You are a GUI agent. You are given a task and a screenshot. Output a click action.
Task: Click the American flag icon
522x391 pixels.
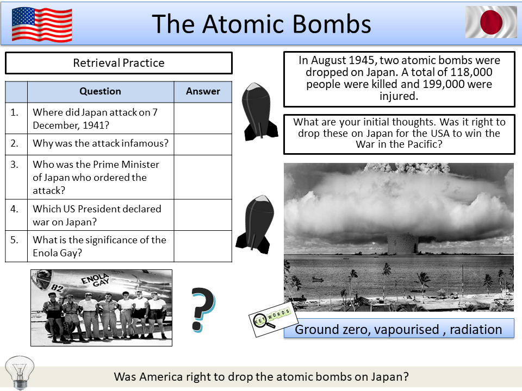(42, 24)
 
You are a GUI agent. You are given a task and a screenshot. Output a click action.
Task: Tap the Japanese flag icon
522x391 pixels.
(491, 22)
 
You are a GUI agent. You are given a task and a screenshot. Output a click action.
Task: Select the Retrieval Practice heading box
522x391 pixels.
(119, 63)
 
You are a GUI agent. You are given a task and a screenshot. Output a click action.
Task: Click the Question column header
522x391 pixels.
(100, 91)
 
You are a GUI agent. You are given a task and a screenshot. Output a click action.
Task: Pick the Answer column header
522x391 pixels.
(203, 91)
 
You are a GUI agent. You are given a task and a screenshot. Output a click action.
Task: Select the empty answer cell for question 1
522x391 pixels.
(203, 118)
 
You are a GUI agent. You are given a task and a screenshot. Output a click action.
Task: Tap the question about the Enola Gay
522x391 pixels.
(100, 246)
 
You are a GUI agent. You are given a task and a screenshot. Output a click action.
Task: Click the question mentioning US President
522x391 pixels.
(97, 215)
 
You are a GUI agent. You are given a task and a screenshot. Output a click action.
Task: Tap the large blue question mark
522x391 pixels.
(202, 310)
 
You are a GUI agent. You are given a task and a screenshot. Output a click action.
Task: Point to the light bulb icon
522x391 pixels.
(19, 371)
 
